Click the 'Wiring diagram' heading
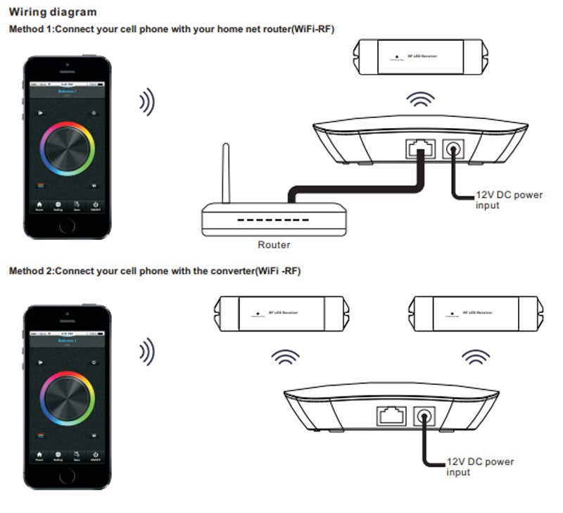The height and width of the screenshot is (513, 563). click(52, 12)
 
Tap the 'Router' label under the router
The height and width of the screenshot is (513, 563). click(274, 245)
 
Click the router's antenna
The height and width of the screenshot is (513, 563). click(227, 172)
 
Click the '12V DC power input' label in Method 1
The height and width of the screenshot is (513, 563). click(499, 200)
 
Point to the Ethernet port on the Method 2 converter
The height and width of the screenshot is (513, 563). click(391, 416)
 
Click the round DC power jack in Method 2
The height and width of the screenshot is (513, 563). click(424, 416)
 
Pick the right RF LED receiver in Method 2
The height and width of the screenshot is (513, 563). click(476, 310)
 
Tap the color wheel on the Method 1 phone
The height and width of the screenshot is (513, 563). click(68, 149)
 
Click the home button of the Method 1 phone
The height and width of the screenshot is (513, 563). click(68, 227)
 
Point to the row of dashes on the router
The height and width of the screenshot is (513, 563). click(274, 220)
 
